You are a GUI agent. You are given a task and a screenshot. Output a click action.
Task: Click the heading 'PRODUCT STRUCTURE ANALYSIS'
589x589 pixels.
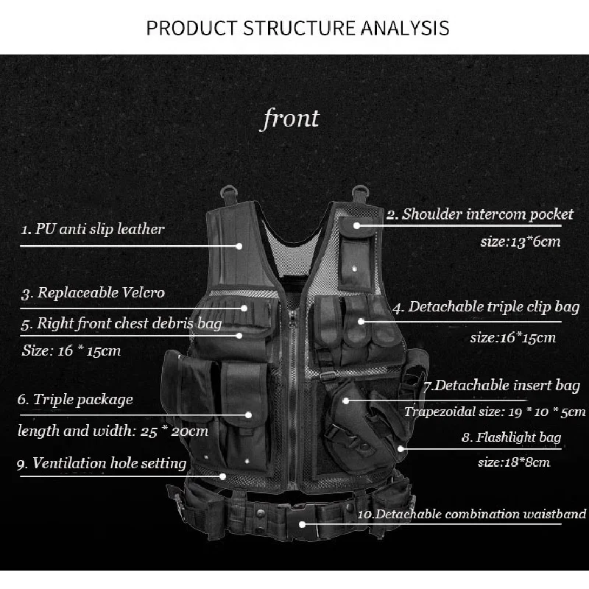297,28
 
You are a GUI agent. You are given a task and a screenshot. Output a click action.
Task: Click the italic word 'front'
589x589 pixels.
291,119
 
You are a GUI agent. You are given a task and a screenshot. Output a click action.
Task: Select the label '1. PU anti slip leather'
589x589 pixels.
92,228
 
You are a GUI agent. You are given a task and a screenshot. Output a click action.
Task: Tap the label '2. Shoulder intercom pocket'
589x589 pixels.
480,214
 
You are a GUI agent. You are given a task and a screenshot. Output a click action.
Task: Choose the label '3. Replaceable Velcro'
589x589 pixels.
91,292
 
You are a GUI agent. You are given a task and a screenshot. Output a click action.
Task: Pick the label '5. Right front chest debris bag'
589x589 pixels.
121,322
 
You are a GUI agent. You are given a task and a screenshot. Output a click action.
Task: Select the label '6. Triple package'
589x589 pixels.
76,400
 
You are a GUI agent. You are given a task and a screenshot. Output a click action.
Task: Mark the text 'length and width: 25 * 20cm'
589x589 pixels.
113,431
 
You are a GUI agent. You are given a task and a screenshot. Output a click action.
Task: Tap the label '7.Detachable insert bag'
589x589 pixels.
501,385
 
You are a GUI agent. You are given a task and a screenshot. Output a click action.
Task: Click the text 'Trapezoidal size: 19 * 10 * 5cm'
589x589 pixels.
495,411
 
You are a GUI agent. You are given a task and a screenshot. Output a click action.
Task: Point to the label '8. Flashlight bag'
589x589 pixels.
511,437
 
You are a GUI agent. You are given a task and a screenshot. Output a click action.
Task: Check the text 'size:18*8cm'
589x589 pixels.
513,462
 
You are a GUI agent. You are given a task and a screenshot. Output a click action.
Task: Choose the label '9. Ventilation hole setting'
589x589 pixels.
102,463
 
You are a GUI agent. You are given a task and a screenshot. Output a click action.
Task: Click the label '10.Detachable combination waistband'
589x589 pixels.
472,514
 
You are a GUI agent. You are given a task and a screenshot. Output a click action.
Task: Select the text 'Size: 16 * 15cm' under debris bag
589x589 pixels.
71,350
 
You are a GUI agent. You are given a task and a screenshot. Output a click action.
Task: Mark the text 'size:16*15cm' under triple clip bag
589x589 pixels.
512,338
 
